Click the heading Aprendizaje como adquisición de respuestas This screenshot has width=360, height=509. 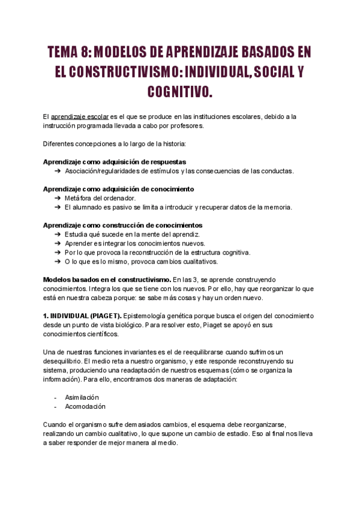pyautogui.click(x=115, y=162)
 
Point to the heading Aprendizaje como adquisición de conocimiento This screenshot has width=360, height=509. pyautogui.click(x=118, y=188)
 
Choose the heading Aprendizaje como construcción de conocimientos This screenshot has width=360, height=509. pyautogui.click(x=119, y=224)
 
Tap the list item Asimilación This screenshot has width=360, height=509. pyautogui.click(x=82, y=397)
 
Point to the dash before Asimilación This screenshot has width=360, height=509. pyautogui.click(x=55, y=397)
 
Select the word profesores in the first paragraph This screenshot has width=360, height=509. pyautogui.click(x=187, y=126)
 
